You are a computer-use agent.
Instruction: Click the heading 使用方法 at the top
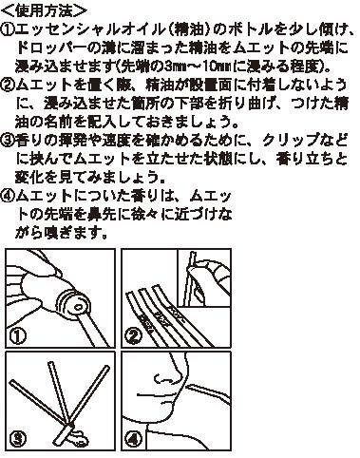45,10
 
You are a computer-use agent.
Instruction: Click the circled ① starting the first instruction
8,29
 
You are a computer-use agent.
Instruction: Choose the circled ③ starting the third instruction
8,141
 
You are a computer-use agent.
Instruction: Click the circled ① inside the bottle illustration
18,336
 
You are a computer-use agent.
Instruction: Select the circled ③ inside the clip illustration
18,438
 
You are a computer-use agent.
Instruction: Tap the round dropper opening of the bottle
77,306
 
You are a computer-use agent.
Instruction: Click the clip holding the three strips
76,434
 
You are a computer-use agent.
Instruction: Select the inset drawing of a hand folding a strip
204,277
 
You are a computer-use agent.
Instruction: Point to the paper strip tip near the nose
190,387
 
